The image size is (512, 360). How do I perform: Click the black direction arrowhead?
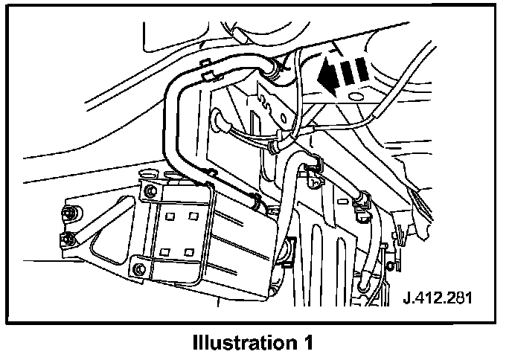coord(324,74)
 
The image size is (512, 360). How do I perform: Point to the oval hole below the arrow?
coord(355,97)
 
